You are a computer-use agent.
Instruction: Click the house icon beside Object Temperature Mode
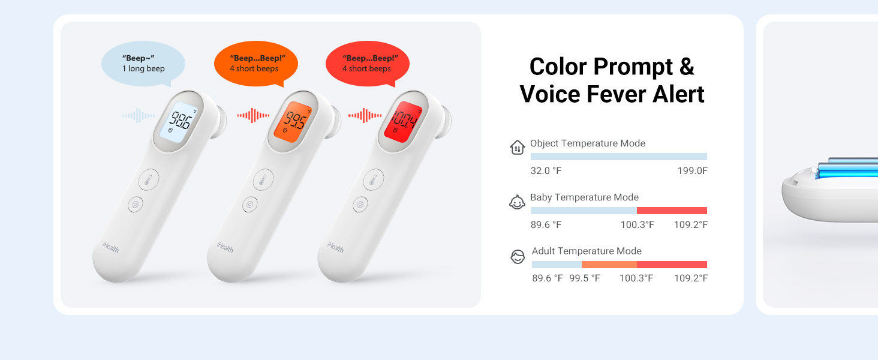[x=517, y=148]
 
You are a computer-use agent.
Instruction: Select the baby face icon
[x=517, y=203]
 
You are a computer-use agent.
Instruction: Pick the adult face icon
[x=517, y=257]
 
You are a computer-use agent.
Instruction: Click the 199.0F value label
[x=693, y=171]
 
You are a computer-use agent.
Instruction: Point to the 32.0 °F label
[x=546, y=171]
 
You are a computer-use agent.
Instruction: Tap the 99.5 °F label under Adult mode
[x=585, y=278]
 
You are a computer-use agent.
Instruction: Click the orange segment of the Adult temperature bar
[x=609, y=265]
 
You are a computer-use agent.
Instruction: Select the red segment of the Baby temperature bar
[x=672, y=211]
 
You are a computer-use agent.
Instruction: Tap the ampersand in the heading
[x=687, y=67]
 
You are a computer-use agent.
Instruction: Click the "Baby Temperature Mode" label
[x=584, y=197]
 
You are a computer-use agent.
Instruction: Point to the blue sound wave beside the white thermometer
[x=139, y=115]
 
